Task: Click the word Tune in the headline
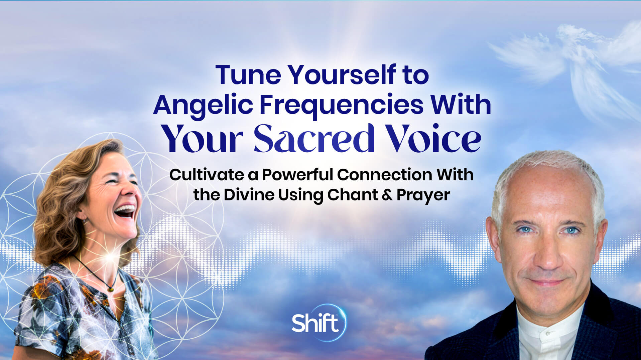tap(248, 75)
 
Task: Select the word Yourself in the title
tap(342, 75)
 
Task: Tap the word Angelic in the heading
tap(203, 105)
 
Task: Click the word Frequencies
tap(341, 105)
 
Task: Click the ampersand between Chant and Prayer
tap(387, 195)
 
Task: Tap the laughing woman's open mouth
tap(124, 212)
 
